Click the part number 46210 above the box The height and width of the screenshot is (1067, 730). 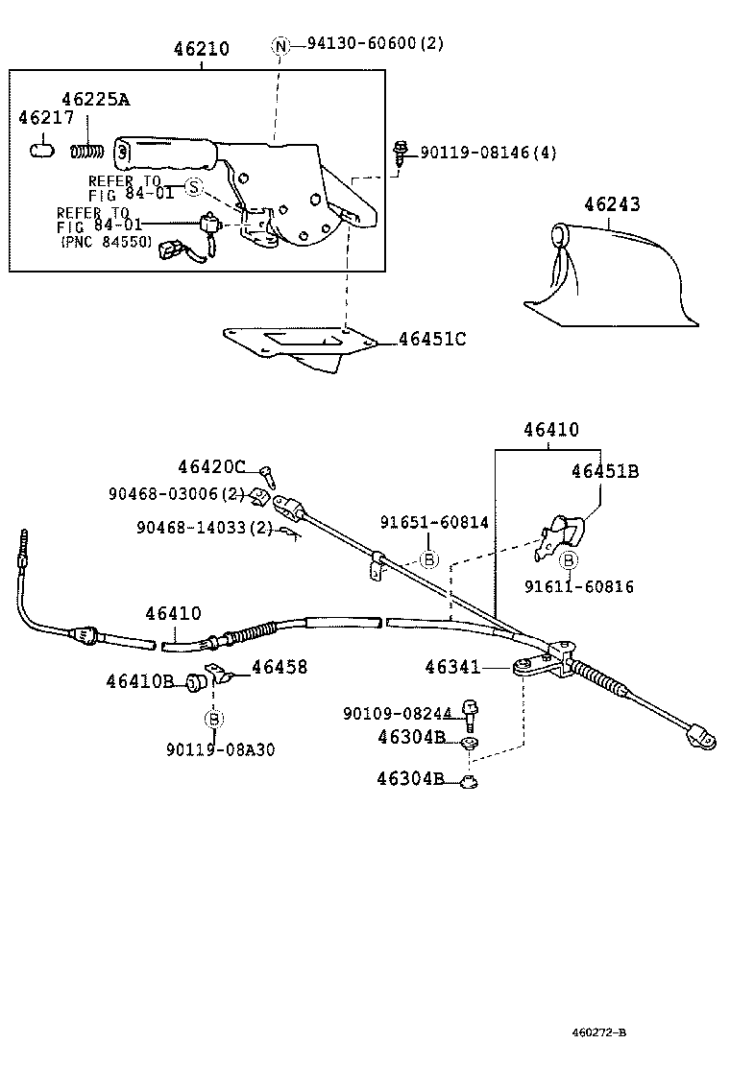click(x=202, y=49)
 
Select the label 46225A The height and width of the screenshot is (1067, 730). click(x=96, y=99)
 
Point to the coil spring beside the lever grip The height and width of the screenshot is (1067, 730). click(x=88, y=150)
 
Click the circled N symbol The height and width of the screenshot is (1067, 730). click(x=280, y=45)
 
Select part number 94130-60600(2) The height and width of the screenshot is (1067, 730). click(x=376, y=44)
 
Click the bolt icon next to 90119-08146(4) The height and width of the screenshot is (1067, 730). click(x=401, y=151)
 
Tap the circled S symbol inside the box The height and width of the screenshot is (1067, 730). click(x=194, y=187)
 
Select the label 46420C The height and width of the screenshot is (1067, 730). click(x=211, y=466)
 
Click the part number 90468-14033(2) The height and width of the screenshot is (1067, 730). click(x=205, y=527)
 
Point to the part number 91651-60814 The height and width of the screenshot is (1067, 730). click(x=434, y=522)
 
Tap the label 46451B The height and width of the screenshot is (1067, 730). click(x=605, y=471)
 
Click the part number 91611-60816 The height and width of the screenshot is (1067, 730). click(x=579, y=586)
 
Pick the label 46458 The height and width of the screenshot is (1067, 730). click(x=280, y=666)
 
